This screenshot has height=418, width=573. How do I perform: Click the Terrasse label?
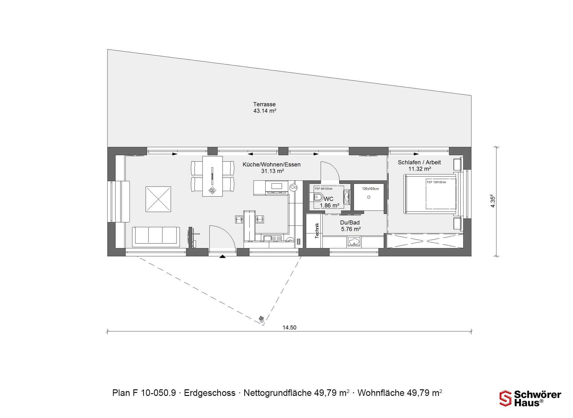264,104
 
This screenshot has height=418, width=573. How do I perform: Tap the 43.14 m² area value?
265,111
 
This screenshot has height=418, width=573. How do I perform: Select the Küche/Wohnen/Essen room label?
272,165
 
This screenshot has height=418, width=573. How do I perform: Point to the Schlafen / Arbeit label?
419,162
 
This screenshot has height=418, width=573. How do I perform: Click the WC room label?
329,199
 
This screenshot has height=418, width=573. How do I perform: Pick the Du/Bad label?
350,222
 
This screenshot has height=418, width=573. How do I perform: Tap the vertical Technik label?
317,230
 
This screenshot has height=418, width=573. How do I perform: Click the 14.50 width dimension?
289,328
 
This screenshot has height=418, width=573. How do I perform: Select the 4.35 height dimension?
493,201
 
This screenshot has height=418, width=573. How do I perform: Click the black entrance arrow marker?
223,256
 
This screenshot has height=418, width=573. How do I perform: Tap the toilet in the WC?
318,197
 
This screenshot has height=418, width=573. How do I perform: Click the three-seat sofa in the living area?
156,236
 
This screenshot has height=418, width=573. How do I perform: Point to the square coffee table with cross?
158,199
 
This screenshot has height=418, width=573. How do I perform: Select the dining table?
212,176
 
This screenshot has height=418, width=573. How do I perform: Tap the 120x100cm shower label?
370,189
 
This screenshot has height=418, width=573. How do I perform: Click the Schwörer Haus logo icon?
505,398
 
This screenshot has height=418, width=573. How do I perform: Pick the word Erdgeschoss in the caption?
210,393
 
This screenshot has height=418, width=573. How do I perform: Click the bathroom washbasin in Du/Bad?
354,241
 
